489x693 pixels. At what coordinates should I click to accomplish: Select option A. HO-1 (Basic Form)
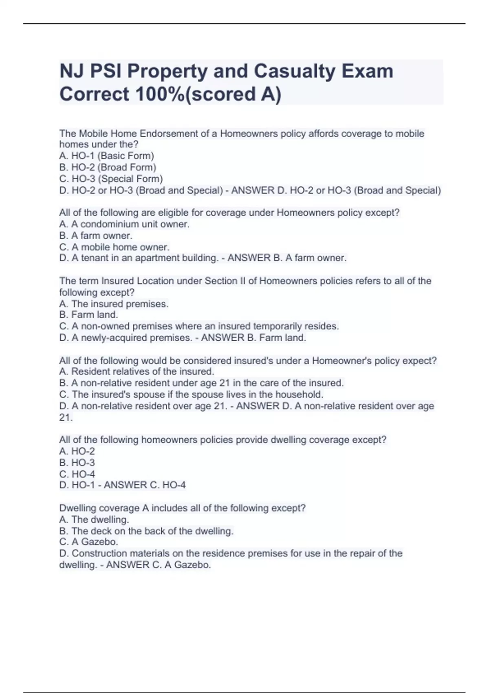pyautogui.click(x=106, y=156)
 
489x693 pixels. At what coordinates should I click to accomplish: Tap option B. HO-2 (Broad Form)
pyautogui.click(x=108, y=167)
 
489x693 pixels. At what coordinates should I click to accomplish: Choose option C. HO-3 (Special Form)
pyautogui.click(x=111, y=179)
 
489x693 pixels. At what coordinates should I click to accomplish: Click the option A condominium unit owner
pyautogui.click(x=124, y=224)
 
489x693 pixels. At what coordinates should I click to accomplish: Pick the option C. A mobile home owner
pyautogui.click(x=114, y=247)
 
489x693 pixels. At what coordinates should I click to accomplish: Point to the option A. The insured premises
pyautogui.click(x=114, y=304)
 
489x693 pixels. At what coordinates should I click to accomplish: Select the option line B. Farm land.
pyautogui.click(x=88, y=315)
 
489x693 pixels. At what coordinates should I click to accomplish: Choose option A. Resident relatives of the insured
pyautogui.click(x=137, y=371)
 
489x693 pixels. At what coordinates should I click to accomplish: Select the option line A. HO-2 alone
pyautogui.click(x=77, y=451)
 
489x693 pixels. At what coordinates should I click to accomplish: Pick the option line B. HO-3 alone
pyautogui.click(x=77, y=463)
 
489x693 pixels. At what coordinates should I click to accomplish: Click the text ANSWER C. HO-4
pyautogui.click(x=145, y=485)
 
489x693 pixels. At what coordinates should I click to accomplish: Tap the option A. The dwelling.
pyautogui.click(x=94, y=520)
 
